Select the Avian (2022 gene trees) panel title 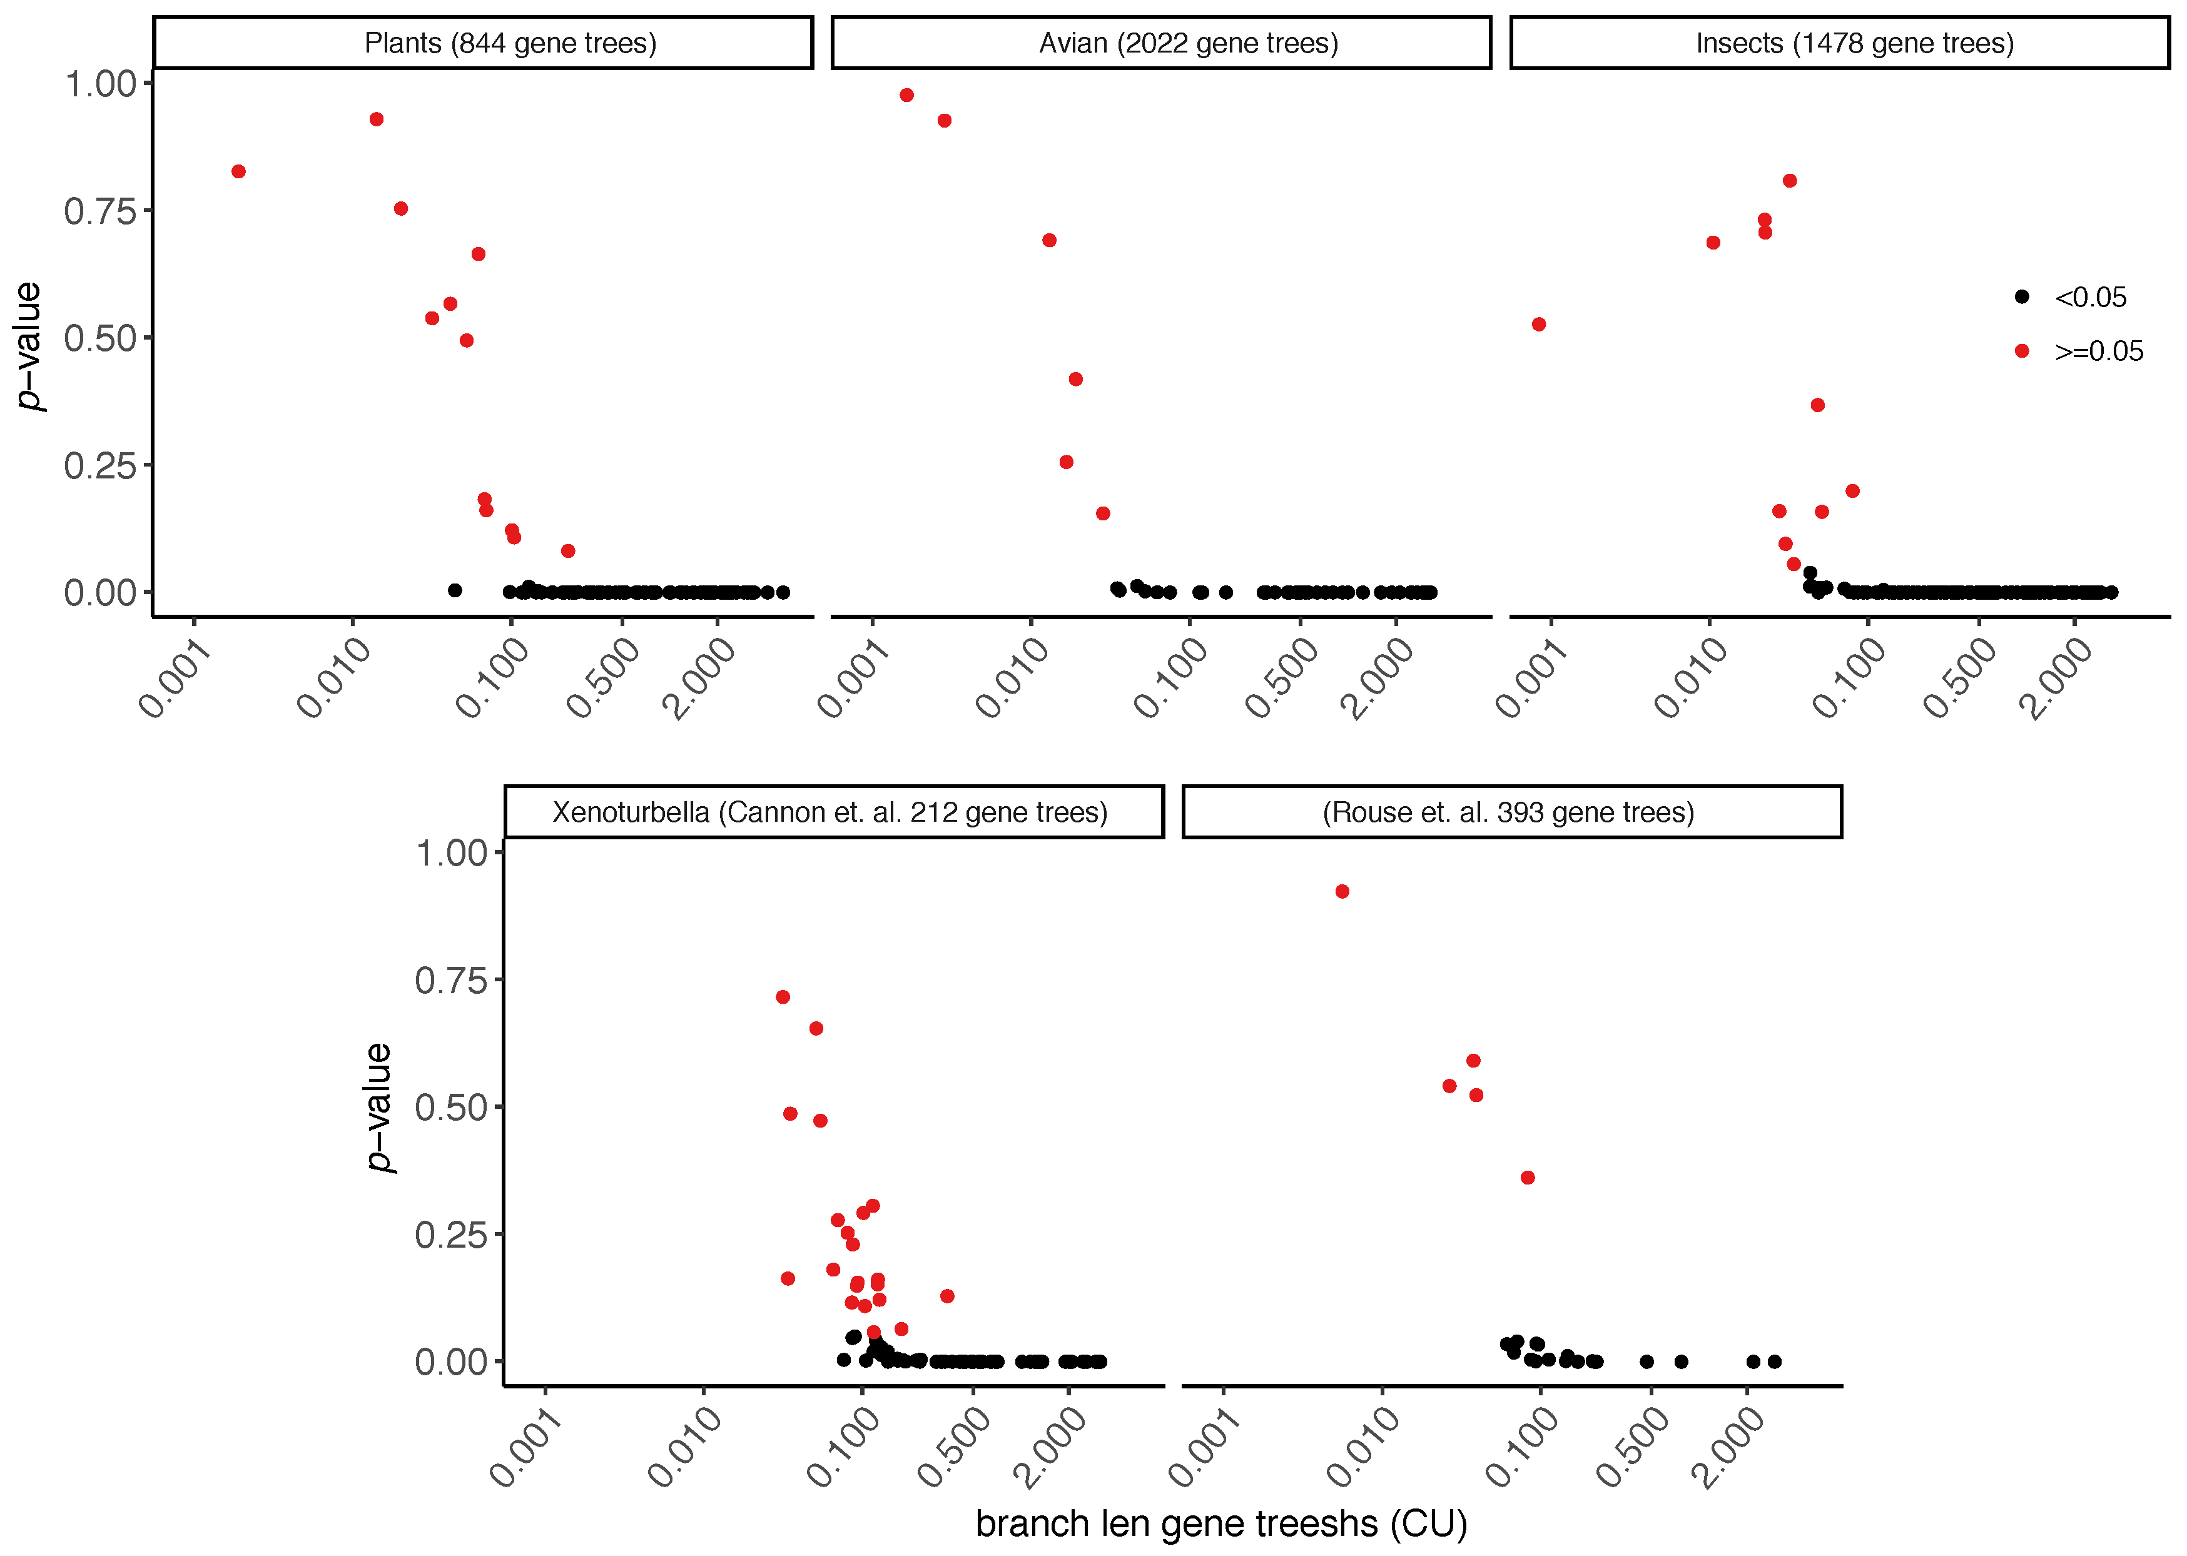[1189, 43]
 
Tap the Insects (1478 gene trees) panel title [1854, 43]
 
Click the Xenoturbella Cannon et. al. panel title [830, 812]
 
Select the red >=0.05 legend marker [2021, 351]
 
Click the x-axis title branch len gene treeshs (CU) [1220, 1523]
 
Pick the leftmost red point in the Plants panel [238, 171]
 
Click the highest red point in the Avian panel [906, 95]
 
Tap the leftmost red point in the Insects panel [1538, 324]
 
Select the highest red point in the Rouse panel [1342, 891]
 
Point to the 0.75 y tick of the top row [99, 211]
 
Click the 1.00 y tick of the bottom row [450, 852]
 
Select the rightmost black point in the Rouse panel [1774, 1361]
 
